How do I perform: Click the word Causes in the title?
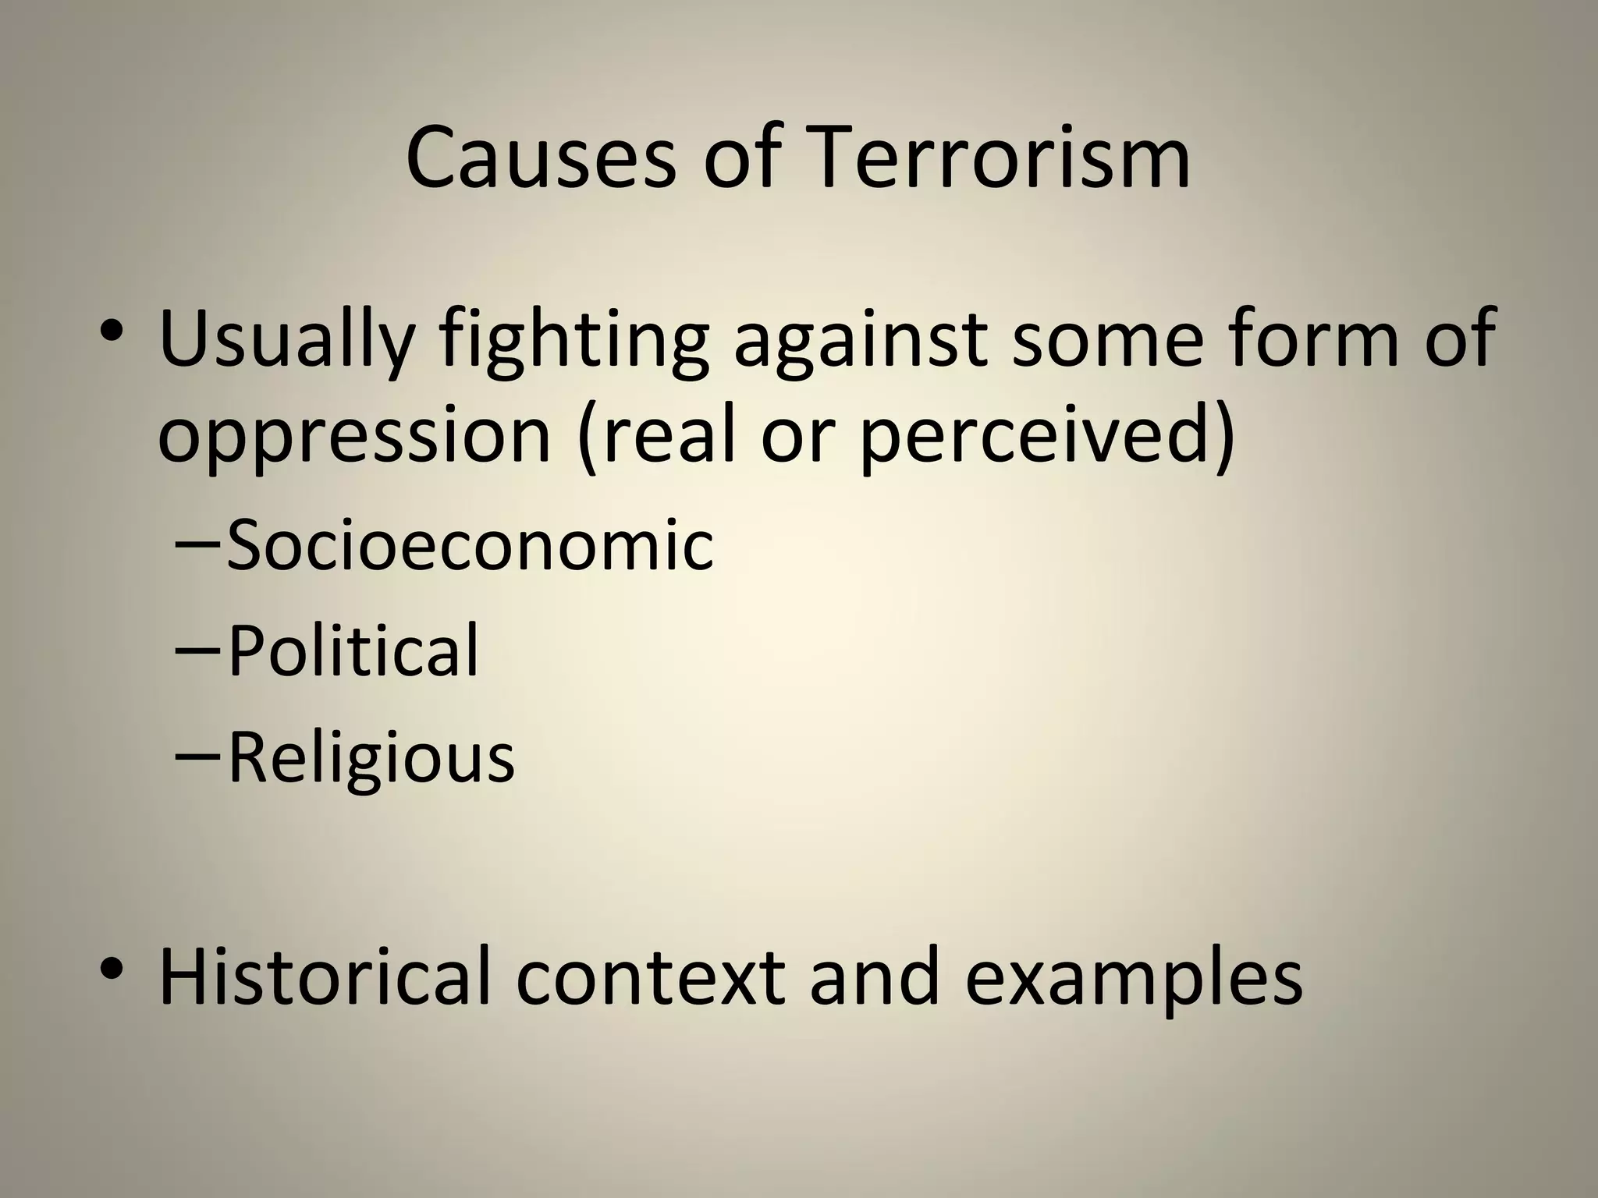[540, 158]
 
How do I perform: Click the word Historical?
[325, 976]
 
